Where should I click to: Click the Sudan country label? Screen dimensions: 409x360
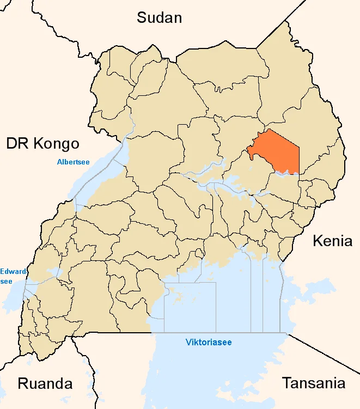[159, 17]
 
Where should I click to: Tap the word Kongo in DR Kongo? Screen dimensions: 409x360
[56, 144]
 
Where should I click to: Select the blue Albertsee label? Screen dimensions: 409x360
[73, 162]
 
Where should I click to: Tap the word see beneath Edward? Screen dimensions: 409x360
[7, 280]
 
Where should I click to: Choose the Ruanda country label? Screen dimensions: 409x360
[45, 383]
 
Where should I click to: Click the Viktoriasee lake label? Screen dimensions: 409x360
[209, 343]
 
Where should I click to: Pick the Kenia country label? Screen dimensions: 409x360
[332, 241]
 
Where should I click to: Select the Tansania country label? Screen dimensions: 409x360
[313, 383]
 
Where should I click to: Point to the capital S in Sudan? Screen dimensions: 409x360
[142, 17]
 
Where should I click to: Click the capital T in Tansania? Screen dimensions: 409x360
[286, 383]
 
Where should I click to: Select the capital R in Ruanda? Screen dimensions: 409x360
[23, 383]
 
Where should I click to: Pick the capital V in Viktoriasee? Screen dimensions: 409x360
[188, 343]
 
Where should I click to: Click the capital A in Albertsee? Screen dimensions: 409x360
[59, 162]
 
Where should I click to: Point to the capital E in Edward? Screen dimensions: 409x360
[2, 271]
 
